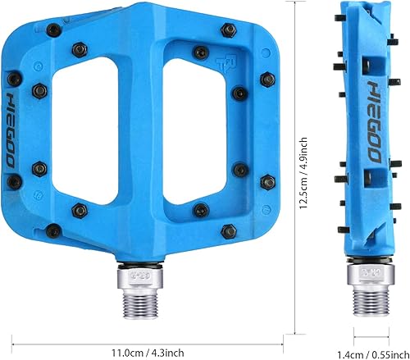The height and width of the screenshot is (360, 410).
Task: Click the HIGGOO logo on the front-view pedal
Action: pos(14,127)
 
